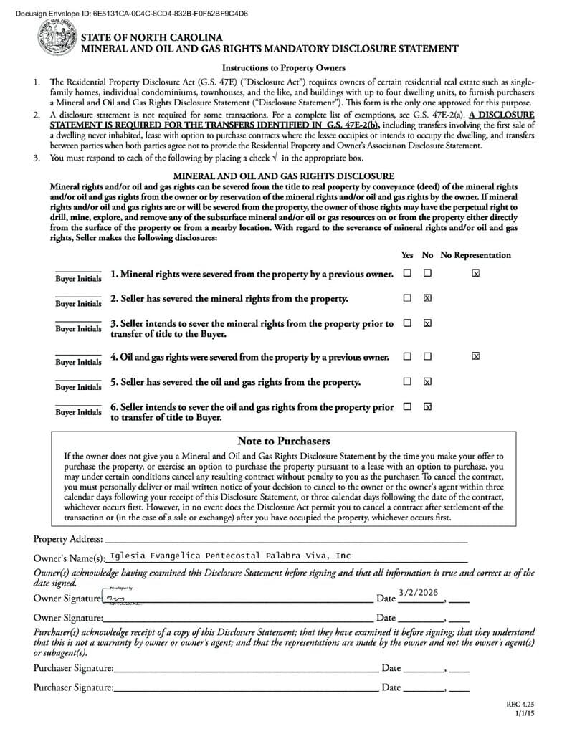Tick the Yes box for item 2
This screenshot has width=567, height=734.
(x=407, y=297)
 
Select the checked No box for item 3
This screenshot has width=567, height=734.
(x=427, y=323)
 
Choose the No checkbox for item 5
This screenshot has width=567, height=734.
(x=427, y=381)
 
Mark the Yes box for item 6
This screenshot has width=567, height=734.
(x=407, y=406)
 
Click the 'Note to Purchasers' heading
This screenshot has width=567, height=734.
(x=283, y=441)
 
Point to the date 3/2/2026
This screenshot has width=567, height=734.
(x=417, y=592)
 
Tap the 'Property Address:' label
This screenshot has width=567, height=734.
(x=68, y=539)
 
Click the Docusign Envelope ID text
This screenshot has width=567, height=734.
(x=125, y=13)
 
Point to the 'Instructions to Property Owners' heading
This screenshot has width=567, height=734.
(x=283, y=68)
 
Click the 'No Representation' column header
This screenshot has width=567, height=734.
(x=475, y=255)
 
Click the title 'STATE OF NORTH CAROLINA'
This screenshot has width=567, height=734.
(x=151, y=37)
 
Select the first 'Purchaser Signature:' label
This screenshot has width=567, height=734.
(x=73, y=668)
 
